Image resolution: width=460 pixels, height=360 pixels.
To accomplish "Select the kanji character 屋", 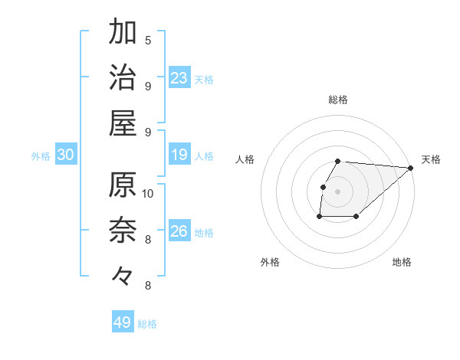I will point(123,122).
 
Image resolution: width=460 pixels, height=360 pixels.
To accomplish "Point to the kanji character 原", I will point(123,185).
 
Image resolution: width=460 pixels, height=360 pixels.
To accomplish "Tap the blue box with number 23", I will point(179,77).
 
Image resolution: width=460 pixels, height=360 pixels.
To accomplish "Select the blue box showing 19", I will point(179,155).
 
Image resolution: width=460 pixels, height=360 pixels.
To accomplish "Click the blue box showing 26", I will point(179,231).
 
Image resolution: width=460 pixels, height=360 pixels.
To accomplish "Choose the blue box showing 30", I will point(66,155).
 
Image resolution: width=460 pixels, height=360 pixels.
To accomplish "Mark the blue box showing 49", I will point(123,322).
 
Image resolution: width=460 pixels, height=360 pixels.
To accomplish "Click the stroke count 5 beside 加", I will point(148,40).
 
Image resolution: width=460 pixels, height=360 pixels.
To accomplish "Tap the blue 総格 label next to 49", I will point(147,324).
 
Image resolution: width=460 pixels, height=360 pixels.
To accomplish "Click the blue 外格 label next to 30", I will point(41,156).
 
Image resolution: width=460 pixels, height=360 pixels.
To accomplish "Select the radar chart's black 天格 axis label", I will point(431,159).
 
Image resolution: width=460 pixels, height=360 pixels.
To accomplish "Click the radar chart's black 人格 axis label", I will point(245,159).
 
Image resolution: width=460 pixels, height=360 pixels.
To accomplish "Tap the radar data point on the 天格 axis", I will point(411,169).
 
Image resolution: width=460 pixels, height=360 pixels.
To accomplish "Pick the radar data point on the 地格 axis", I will point(356,217).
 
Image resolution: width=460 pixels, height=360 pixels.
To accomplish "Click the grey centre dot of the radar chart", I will point(338,191).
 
